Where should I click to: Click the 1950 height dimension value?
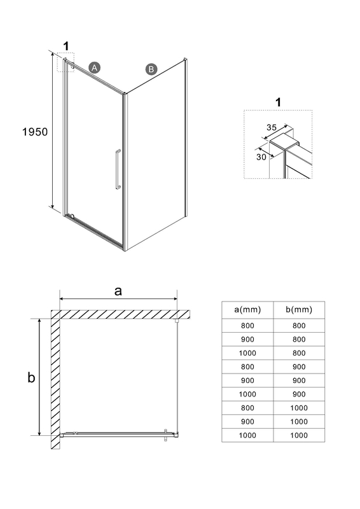[x=35, y=132]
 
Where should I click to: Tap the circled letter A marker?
[x=94, y=67]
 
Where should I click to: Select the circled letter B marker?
[x=151, y=69]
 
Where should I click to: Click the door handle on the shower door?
[x=118, y=169]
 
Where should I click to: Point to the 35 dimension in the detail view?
[x=272, y=127]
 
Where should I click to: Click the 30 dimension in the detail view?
[x=261, y=157]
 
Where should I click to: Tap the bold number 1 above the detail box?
[x=278, y=102]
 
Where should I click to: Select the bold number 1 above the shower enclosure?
[x=66, y=46]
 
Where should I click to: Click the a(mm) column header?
[x=247, y=310]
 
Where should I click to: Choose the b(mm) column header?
[x=299, y=310]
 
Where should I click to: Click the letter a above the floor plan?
[x=118, y=291]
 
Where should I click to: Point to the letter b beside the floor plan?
[x=31, y=377]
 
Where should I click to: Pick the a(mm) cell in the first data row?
[x=247, y=326]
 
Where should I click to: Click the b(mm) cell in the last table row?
[x=299, y=435]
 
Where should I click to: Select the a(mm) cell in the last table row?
[x=247, y=435]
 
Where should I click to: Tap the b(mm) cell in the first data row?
[x=299, y=326]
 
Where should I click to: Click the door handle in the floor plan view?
[x=166, y=435]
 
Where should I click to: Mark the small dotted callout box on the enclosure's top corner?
[x=66, y=62]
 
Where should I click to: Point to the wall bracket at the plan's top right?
[x=177, y=321]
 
